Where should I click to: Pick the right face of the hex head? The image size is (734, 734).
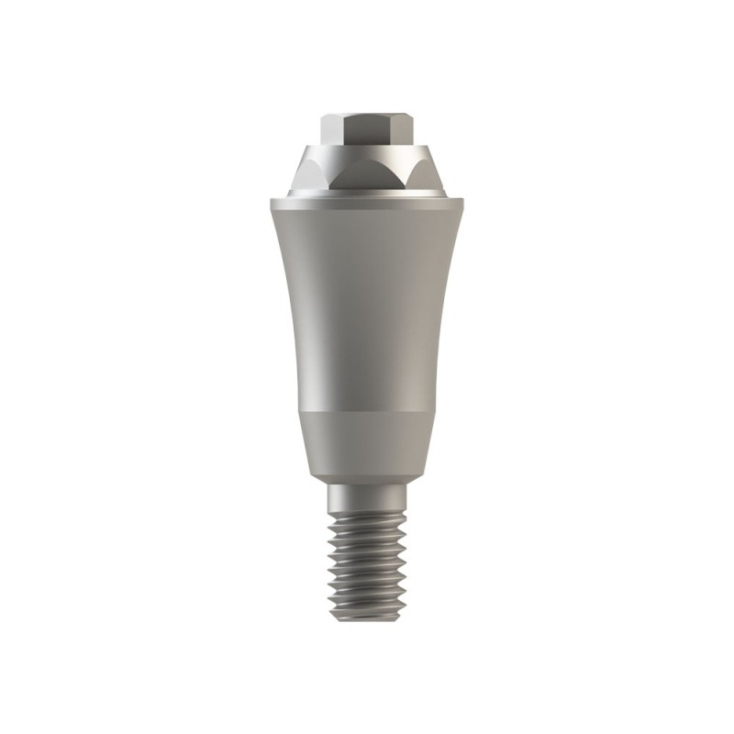(x=397, y=130)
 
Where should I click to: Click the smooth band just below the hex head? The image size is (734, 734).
(x=366, y=150)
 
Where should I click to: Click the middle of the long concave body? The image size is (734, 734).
(x=367, y=303)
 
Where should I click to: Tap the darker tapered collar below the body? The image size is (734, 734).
(x=367, y=445)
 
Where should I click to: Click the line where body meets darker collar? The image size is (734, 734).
(x=367, y=416)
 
